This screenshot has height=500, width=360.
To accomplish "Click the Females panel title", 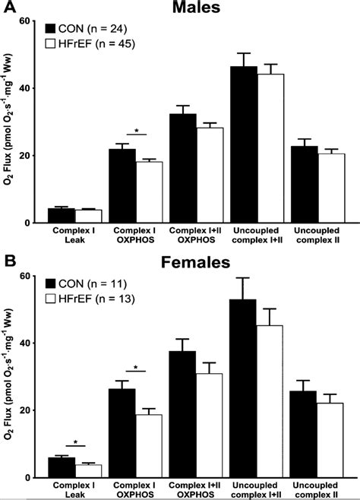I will tap(196, 263).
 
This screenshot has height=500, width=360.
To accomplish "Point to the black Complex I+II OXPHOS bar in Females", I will tap(183, 414).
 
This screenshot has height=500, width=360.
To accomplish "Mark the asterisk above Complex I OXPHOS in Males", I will tap(136, 130).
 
